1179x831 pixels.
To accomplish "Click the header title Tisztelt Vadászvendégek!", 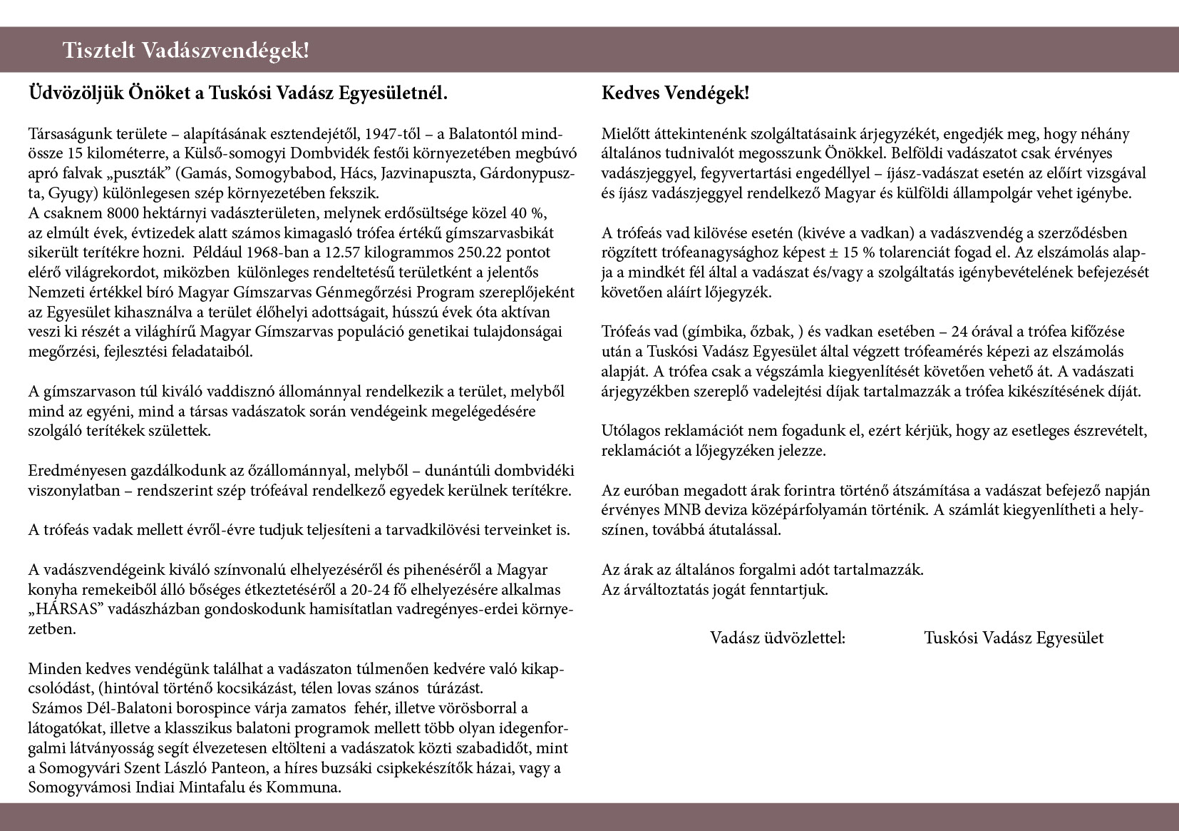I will [x=186, y=51].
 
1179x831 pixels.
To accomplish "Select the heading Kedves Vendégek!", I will [x=675, y=93].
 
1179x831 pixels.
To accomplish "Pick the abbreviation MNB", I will [x=685, y=511].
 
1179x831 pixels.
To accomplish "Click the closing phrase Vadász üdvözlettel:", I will [x=777, y=638].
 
